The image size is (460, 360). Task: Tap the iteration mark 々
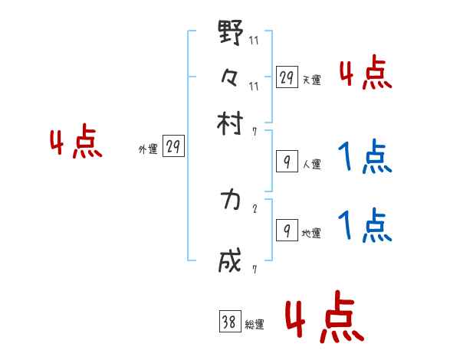(x=231, y=78)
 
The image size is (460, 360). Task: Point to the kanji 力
(x=230, y=200)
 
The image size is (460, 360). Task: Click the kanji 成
(x=231, y=260)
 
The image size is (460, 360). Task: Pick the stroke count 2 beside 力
(x=255, y=209)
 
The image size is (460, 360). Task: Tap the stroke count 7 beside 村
(x=255, y=131)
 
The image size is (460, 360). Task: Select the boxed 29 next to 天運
(x=287, y=77)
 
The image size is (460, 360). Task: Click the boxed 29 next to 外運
(x=174, y=149)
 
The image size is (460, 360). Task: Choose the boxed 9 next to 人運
(x=286, y=162)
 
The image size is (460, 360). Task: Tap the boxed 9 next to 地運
(x=286, y=230)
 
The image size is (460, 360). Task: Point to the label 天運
(x=311, y=80)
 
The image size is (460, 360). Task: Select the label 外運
(x=148, y=150)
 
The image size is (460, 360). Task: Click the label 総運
(x=255, y=324)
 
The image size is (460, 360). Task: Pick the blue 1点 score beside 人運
(x=366, y=159)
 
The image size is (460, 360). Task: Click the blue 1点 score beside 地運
(x=366, y=227)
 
